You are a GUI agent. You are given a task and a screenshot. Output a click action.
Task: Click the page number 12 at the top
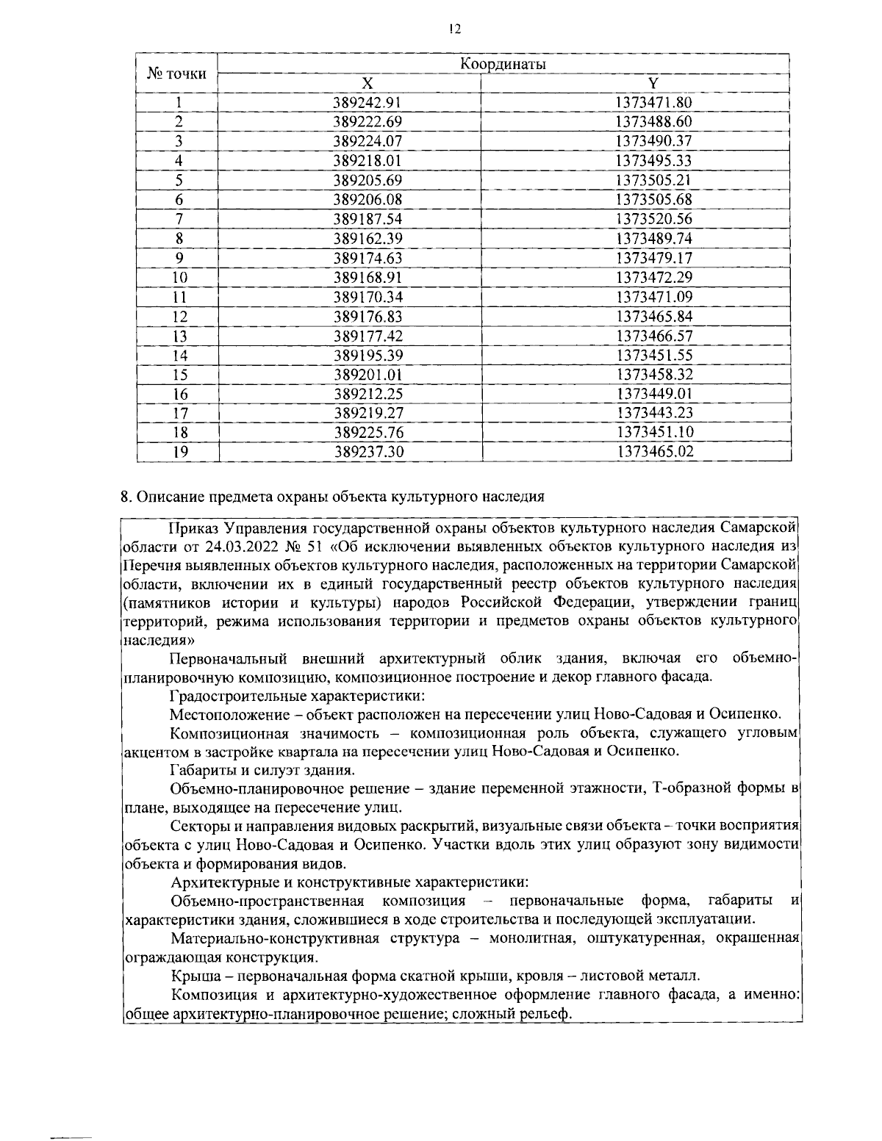point(454,29)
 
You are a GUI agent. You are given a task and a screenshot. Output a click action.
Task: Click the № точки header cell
point(177,73)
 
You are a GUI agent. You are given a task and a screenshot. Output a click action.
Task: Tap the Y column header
point(653,84)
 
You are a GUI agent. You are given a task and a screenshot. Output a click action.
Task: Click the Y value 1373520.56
point(654,219)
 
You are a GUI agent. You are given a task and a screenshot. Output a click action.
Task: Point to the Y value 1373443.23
point(655,413)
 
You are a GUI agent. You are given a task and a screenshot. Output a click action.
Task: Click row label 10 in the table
point(179,278)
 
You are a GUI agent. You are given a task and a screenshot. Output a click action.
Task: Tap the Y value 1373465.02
point(655,452)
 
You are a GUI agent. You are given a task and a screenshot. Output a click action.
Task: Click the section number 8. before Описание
point(126,496)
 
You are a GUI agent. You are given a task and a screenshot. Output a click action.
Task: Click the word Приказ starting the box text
point(193,527)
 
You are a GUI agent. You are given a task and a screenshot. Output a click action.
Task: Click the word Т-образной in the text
point(686,789)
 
